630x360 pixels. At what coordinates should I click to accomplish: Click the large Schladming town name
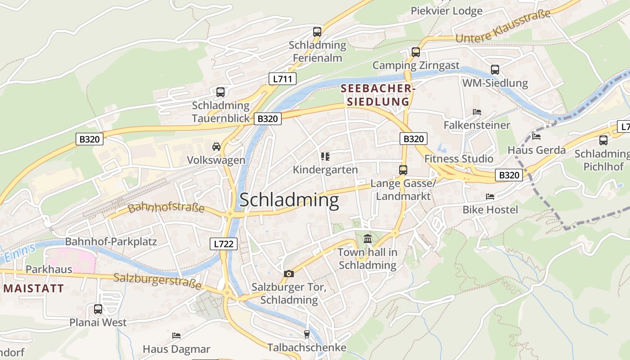click(289, 200)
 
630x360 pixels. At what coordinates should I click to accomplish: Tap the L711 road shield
click(282, 79)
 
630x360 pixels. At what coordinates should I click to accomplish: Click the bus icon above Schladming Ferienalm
click(317, 32)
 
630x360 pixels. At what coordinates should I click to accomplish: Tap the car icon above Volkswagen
click(216, 147)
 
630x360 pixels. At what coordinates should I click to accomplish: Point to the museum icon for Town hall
click(368, 239)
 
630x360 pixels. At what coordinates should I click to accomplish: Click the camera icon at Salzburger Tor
click(289, 274)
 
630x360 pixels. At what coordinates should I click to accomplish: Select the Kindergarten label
click(325, 170)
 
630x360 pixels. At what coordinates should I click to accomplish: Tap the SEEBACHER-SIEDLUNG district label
click(377, 95)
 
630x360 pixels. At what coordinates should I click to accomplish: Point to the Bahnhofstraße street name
click(166, 208)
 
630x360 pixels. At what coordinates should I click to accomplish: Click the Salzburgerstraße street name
click(157, 281)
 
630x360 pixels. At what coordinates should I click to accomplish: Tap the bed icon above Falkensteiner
click(477, 112)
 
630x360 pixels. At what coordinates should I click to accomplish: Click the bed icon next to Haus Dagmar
click(176, 336)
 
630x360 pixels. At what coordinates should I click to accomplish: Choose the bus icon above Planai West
click(98, 309)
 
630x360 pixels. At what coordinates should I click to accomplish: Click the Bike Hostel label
click(490, 210)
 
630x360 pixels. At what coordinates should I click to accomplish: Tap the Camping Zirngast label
click(416, 66)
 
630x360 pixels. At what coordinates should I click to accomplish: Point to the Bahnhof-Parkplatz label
click(111, 242)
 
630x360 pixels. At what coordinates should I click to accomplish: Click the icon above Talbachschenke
click(307, 334)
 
